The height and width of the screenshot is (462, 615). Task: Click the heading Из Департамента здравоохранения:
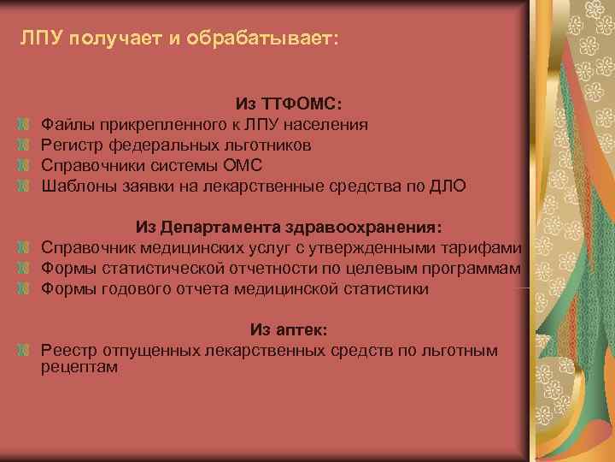click(x=289, y=228)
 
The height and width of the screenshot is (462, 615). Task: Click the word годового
click(x=128, y=289)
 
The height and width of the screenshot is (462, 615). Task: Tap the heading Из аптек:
click(x=289, y=330)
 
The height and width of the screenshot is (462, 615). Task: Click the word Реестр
click(x=67, y=351)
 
